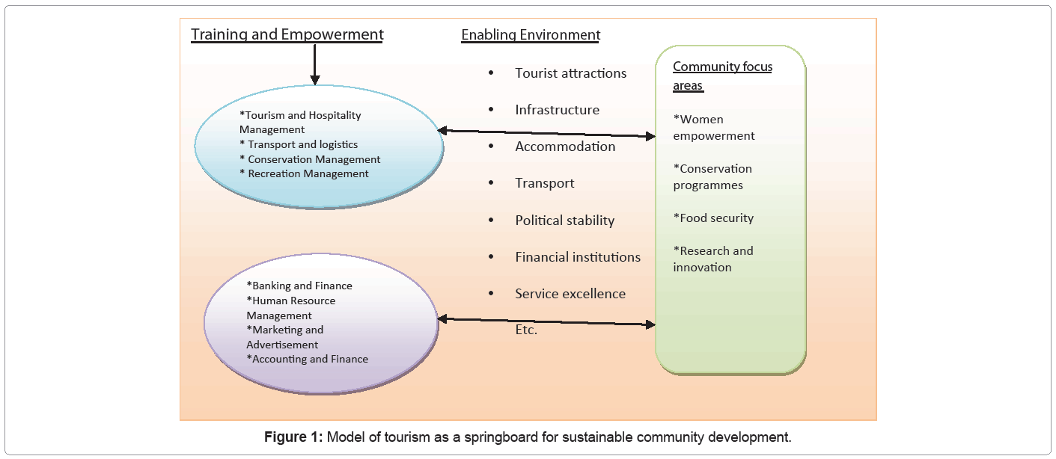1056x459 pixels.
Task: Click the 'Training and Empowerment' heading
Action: click(287, 34)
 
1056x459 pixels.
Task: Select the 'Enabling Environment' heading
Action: click(531, 35)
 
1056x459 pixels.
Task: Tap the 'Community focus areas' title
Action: click(722, 76)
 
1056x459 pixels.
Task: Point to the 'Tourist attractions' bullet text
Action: click(570, 73)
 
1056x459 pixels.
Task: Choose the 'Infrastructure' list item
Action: click(557, 110)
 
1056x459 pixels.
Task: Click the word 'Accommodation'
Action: click(565, 147)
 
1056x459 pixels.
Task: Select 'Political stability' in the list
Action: click(564, 221)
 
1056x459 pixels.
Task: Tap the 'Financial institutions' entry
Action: click(578, 257)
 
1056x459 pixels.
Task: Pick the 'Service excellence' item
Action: click(570, 294)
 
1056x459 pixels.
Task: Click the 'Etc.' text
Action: click(526, 330)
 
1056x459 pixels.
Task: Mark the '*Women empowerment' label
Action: click(714, 128)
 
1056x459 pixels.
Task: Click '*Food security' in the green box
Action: click(713, 218)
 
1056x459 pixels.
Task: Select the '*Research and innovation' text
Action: click(712, 259)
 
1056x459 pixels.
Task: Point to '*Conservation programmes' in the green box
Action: click(712, 177)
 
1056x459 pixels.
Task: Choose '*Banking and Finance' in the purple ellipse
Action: click(299, 286)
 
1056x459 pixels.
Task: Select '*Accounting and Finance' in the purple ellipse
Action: click(307, 359)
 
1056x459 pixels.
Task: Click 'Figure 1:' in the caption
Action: click(293, 437)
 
